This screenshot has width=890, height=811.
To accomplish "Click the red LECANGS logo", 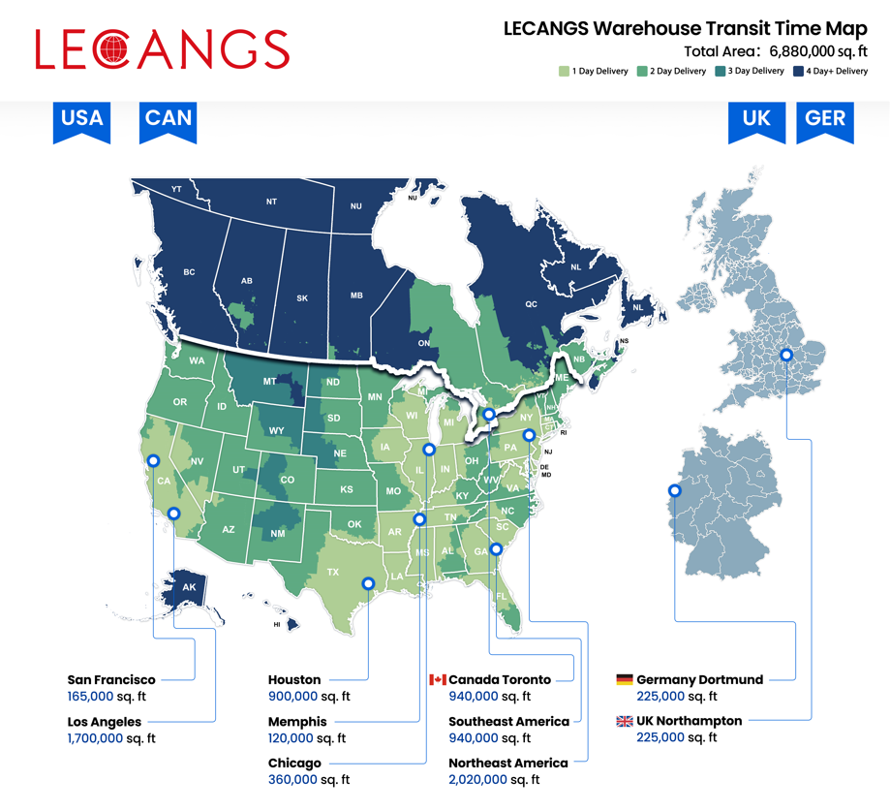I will [162, 49].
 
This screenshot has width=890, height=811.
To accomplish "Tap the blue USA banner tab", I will [81, 119].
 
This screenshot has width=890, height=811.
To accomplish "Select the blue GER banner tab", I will [825, 119].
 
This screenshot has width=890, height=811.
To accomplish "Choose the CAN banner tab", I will [168, 119].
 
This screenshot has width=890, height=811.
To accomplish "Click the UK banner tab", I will [756, 119].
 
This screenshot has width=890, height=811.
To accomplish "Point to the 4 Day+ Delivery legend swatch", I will [798, 71].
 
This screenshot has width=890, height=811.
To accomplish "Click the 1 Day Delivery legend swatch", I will [564, 71].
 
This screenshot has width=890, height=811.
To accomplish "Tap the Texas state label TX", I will [333, 572].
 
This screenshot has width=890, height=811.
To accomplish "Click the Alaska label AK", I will [189, 587].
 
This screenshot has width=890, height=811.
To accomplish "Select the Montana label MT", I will [271, 382].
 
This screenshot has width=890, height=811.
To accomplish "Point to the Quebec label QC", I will [531, 303].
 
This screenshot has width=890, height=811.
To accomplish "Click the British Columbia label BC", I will [189, 272].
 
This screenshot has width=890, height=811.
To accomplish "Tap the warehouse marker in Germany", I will [675, 491].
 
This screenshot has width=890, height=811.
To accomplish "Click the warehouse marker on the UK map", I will [786, 356].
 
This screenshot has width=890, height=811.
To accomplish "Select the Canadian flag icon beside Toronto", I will [438, 680].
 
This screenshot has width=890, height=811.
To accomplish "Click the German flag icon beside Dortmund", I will [625, 680].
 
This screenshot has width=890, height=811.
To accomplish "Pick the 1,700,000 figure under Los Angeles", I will [95, 738].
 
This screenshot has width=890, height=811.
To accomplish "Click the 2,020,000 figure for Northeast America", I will [477, 779].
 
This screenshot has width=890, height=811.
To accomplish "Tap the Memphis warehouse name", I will [297, 722].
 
